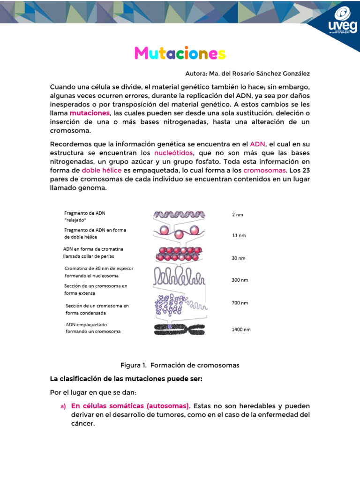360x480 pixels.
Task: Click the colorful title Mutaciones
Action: (x=180, y=53)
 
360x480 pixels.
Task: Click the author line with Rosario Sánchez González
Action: (x=247, y=74)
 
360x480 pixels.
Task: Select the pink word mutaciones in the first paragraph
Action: (x=90, y=113)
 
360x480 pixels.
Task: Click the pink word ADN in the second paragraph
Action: (x=257, y=144)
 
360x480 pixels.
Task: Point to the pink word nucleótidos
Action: (x=172, y=153)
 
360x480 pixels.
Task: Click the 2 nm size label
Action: (x=238, y=215)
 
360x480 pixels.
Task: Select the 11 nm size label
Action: (x=239, y=235)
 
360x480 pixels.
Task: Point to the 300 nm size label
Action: (x=240, y=280)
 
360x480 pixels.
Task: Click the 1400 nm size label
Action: (x=241, y=330)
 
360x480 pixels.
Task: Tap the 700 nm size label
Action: (x=240, y=303)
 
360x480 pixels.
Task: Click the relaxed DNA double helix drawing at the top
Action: (x=179, y=214)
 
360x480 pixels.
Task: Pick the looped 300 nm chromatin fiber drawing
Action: (x=178, y=277)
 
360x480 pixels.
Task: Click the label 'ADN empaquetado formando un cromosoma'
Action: (x=93, y=328)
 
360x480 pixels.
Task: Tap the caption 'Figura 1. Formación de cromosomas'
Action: (x=180, y=365)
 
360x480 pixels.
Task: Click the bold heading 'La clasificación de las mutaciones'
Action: (x=126, y=379)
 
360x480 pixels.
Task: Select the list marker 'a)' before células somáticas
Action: (x=62, y=406)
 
